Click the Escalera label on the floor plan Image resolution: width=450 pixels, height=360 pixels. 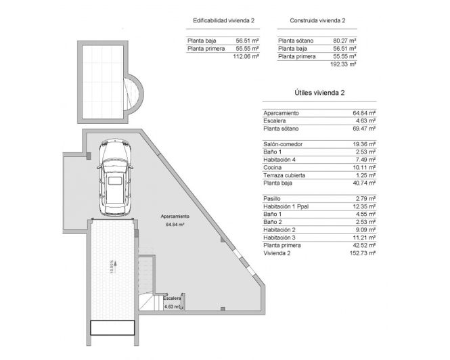coord(172,298)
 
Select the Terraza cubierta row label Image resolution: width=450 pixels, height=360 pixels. coord(288,175)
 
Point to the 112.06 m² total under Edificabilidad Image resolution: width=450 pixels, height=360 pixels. coord(247,57)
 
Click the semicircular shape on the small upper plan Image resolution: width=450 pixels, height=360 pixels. coord(135,95)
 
